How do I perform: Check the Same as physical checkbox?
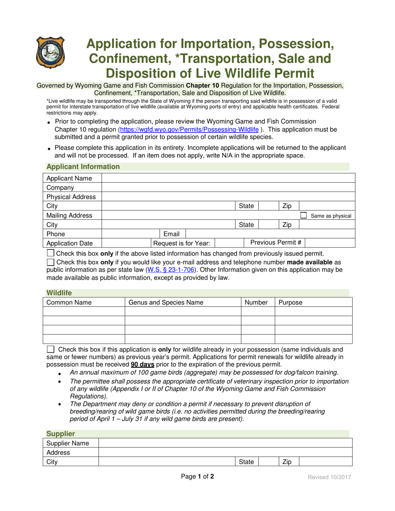(304, 216)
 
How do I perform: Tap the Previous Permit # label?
(275, 243)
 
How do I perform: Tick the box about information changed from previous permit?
(50, 253)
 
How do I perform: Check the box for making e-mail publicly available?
(50, 262)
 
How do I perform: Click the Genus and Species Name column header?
(166, 302)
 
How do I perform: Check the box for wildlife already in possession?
(50, 349)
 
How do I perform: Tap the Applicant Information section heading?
(83, 167)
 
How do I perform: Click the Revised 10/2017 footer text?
(329, 477)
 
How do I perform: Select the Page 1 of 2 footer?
(197, 477)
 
